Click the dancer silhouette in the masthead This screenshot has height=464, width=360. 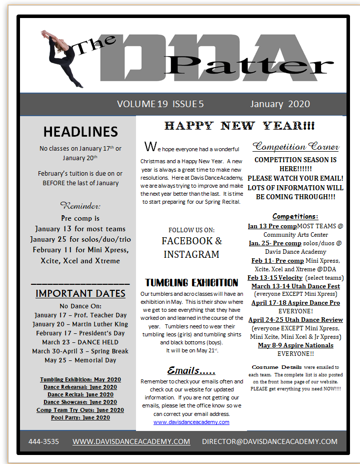tap(62, 58)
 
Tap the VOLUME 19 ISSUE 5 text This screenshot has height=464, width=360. tap(160, 104)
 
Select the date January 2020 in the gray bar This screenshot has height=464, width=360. tap(280, 104)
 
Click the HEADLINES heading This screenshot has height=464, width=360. tap(80, 132)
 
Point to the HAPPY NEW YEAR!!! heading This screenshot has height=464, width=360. tap(239, 126)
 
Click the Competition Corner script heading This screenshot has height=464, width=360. tap(295, 147)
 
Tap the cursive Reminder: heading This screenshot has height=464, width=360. tap(80, 205)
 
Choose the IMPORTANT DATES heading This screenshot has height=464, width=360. tap(80, 293)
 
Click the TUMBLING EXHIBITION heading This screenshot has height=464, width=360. tap(191, 282)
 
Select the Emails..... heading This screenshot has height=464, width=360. tap(191, 371)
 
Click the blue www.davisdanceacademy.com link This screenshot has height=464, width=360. tap(191, 422)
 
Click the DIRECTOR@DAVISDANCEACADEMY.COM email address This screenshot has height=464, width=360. tap(269, 441)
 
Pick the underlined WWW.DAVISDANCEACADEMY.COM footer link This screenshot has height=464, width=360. tap(131, 441)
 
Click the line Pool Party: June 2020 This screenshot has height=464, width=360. tap(80, 417)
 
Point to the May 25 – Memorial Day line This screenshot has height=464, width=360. tap(80, 360)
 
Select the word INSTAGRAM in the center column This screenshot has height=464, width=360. tap(191, 254)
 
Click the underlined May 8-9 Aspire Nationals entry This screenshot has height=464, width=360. tap(295, 345)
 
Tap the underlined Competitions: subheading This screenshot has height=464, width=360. tap(295, 216)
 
